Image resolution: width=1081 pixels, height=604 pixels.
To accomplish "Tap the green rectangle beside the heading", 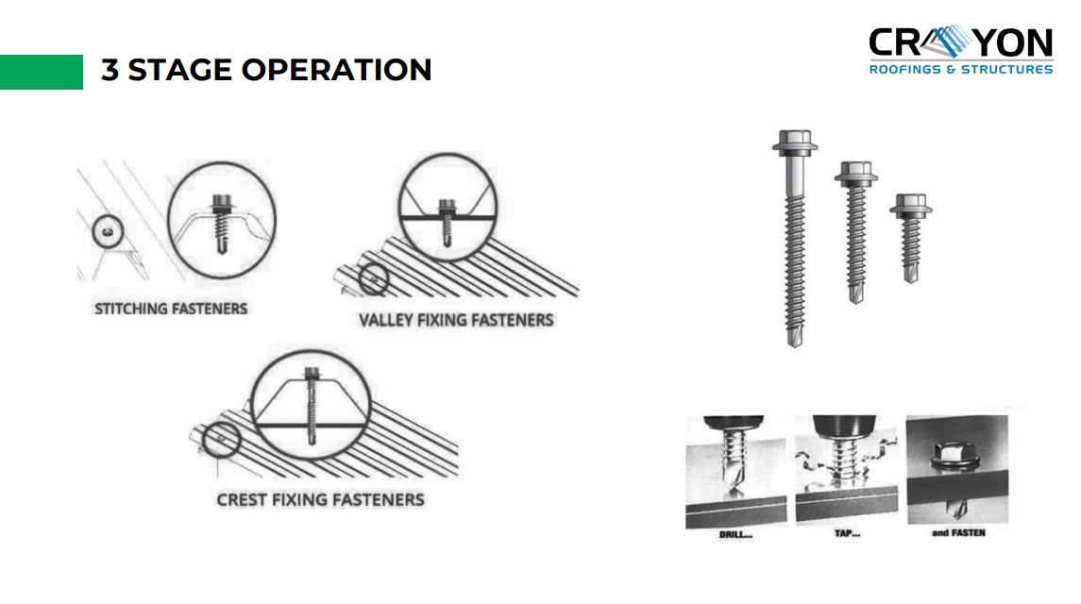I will click(42, 72).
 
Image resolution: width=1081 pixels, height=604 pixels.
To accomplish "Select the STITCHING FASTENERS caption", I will click(171, 309).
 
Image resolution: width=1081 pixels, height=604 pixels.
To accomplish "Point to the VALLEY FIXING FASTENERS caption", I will click(456, 320).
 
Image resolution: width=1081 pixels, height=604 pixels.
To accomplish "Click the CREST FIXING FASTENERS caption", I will click(320, 499).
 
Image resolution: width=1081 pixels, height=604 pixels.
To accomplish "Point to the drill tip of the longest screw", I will click(794, 338).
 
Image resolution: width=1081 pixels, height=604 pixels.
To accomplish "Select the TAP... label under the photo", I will click(847, 533).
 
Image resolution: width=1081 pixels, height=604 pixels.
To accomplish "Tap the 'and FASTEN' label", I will click(957, 533).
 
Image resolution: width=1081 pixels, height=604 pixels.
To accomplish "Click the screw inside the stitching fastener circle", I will click(222, 222).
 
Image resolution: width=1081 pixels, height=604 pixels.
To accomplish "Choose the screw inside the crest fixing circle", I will click(312, 400).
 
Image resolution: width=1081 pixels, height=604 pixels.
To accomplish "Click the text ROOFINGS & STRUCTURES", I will click(960, 70).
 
